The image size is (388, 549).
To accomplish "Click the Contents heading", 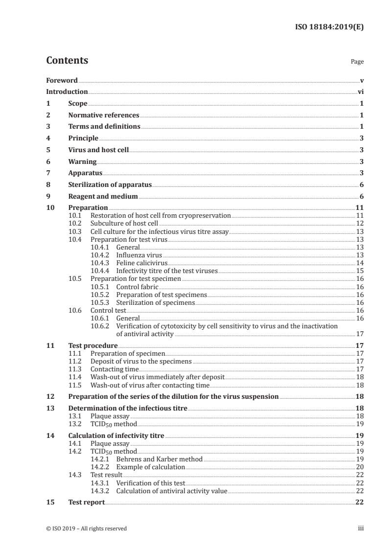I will [x=67, y=61].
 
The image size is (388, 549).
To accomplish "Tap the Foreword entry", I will [x=62, y=80].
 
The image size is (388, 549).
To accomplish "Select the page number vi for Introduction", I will [x=360, y=91].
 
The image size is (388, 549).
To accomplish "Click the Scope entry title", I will [x=77, y=103].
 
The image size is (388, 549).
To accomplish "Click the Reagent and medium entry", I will [x=103, y=197].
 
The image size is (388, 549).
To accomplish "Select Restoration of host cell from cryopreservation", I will [x=160, y=215].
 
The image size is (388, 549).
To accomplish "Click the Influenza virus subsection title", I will [x=138, y=255].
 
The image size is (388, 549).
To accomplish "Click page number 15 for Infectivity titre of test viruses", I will [x=360, y=271].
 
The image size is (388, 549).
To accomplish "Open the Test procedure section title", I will [x=90, y=345].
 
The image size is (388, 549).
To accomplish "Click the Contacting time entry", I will [x=114, y=369].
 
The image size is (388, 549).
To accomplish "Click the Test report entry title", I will [x=86, y=503].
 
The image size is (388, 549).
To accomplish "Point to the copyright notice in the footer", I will [x=86, y=528].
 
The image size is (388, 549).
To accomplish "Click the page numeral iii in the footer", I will [x=361, y=528].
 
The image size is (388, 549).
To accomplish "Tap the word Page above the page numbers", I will [x=357, y=62].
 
